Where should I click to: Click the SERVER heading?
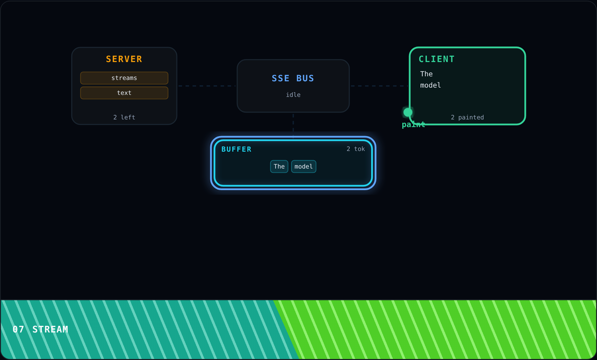124,59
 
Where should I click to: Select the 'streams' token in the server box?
124,78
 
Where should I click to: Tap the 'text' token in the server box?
124,93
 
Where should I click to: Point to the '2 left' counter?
124,117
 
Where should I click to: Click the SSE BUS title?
293,78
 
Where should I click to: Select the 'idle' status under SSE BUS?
293,95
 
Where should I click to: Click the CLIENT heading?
436,59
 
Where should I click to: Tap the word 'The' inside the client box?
427,74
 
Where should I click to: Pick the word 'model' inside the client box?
431,85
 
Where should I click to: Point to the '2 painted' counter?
467,117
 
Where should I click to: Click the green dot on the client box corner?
408,112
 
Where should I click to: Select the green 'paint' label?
414,125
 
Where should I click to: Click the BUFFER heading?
236,149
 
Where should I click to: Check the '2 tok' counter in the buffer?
356,149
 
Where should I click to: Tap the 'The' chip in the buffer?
279,167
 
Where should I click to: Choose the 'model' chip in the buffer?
304,167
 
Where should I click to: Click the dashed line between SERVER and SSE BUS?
207,86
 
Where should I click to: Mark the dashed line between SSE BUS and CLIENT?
379,86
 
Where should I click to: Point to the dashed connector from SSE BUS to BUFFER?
293,125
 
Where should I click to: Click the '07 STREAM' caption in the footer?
40,329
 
